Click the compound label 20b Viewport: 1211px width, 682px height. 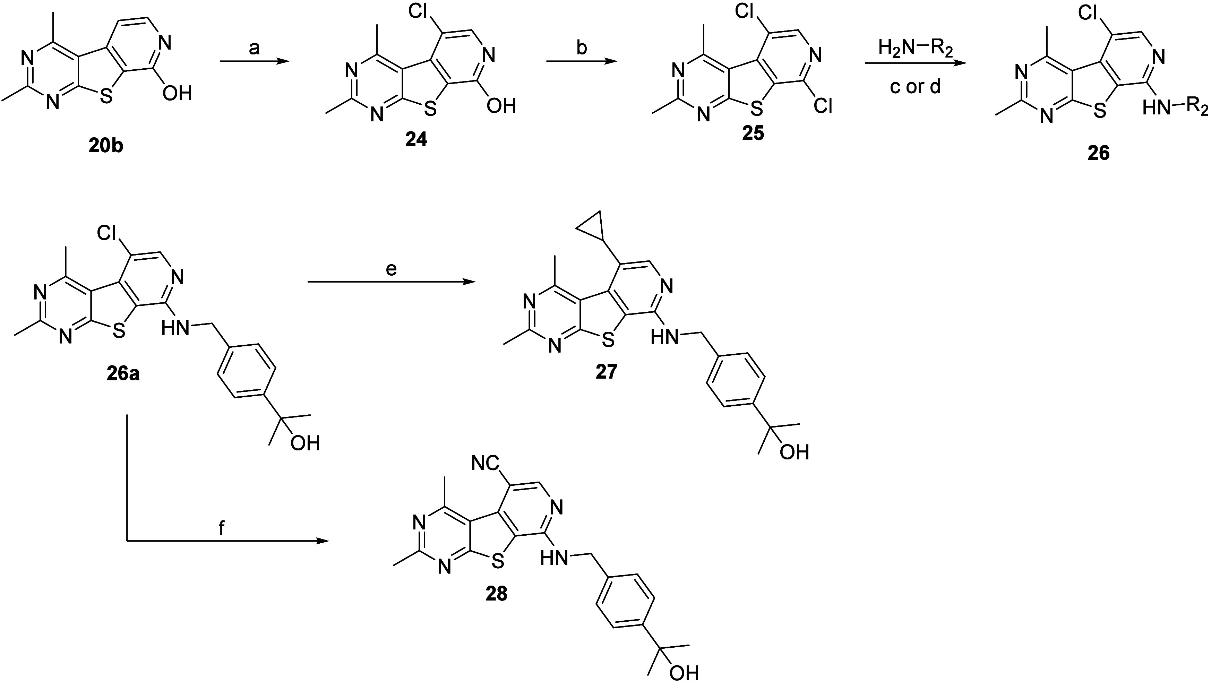pos(106,146)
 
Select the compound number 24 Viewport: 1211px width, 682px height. pos(416,140)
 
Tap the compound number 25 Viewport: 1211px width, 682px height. pos(753,133)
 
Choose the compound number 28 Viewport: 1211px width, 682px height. pos(497,594)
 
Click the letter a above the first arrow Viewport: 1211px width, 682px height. pos(254,48)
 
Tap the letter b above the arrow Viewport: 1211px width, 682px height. pos(582,48)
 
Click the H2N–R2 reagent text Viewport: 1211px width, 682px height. pos(915,49)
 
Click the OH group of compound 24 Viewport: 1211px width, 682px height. pos(501,106)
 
